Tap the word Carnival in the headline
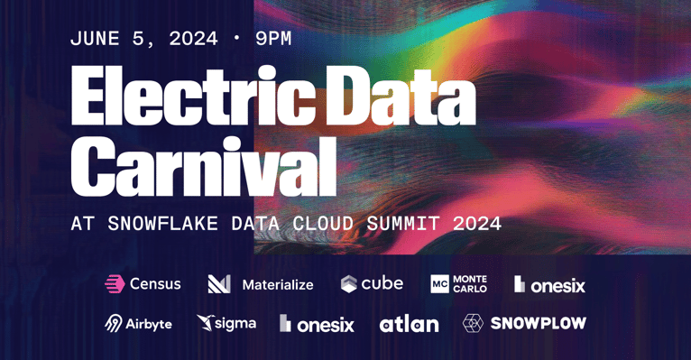(203, 168)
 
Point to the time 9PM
(273, 39)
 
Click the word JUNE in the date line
(98, 39)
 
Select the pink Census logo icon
(115, 284)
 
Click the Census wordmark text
(155, 284)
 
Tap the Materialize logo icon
(219, 284)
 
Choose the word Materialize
(278, 285)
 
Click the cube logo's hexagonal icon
(348, 284)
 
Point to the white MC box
(439, 284)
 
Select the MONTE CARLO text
(470, 284)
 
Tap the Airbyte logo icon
(114, 323)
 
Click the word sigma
(236, 323)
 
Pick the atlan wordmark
(409, 324)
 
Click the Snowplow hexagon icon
(473, 323)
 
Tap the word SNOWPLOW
(539, 323)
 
